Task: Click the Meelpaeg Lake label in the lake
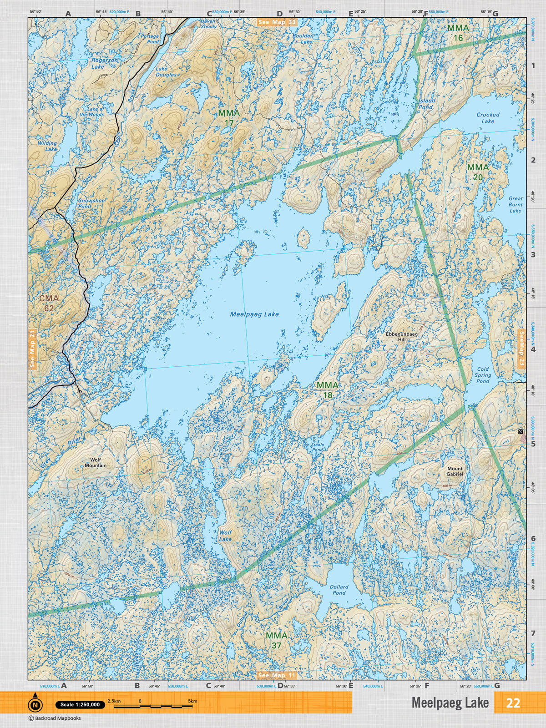tap(254, 314)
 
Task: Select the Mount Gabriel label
tap(455, 471)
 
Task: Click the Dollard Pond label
tap(339, 590)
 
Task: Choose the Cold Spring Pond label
tap(483, 375)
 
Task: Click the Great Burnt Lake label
tap(516, 205)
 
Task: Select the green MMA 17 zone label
tap(229, 117)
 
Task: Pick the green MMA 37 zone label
tap(276, 640)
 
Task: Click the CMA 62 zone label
tap(49, 303)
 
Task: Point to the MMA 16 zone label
tap(458, 33)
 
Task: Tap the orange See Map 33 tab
tap(277, 22)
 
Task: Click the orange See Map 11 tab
tap(276, 675)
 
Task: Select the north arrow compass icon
tap(35, 704)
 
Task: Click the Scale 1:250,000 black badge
tap(80, 705)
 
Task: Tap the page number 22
tap(513, 703)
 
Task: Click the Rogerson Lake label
tap(104, 63)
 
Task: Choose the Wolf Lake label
tap(225, 536)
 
